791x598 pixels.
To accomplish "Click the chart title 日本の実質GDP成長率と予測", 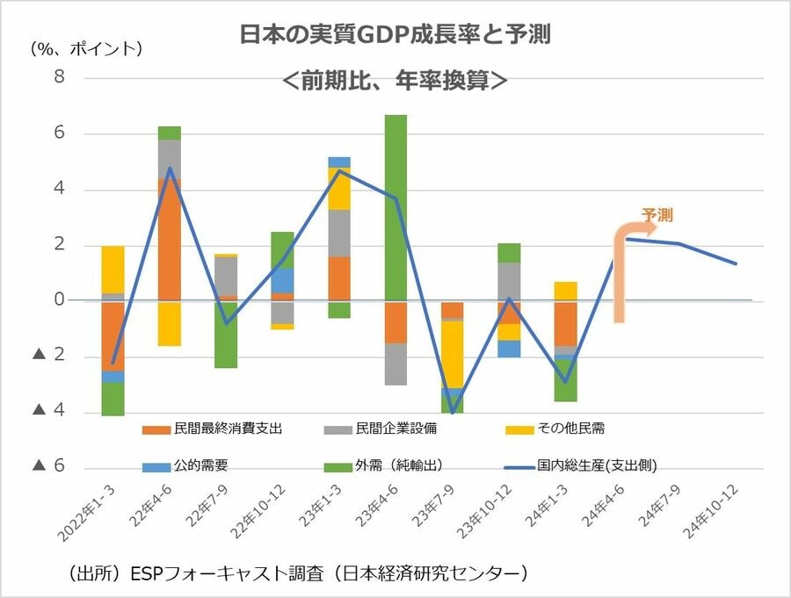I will coord(395,35).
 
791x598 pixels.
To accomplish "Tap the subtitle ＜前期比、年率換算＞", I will coord(395,80).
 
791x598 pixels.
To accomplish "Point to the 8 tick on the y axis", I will coord(60,77).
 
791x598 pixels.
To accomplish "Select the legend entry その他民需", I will coord(572,429).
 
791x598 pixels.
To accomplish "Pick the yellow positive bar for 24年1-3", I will coord(565,292).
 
